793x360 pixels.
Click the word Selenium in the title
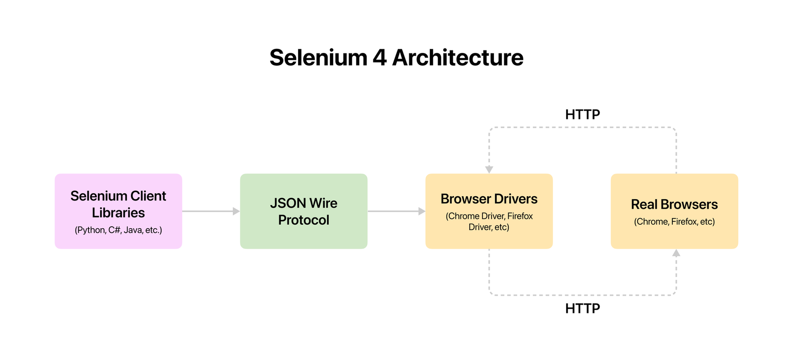click(318, 57)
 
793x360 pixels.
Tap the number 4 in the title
click(380, 57)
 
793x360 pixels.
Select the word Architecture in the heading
click(458, 57)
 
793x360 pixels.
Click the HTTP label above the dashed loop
click(582, 114)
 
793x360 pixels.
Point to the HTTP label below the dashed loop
click(582, 308)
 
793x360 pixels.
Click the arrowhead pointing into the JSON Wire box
click(236, 211)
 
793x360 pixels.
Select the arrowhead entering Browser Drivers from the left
click(422, 211)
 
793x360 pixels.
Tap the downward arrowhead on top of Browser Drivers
click(489, 169)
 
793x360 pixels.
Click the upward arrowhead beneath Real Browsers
click(676, 253)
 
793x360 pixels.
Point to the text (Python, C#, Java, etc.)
click(118, 230)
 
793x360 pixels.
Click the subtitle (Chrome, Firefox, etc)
click(674, 222)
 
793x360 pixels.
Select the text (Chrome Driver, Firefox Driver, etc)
click(489, 222)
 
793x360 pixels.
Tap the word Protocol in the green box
click(304, 220)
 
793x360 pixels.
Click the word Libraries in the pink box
click(118, 213)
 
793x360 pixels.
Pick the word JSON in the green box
click(287, 203)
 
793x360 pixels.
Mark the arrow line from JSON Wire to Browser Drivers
click(392, 211)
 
